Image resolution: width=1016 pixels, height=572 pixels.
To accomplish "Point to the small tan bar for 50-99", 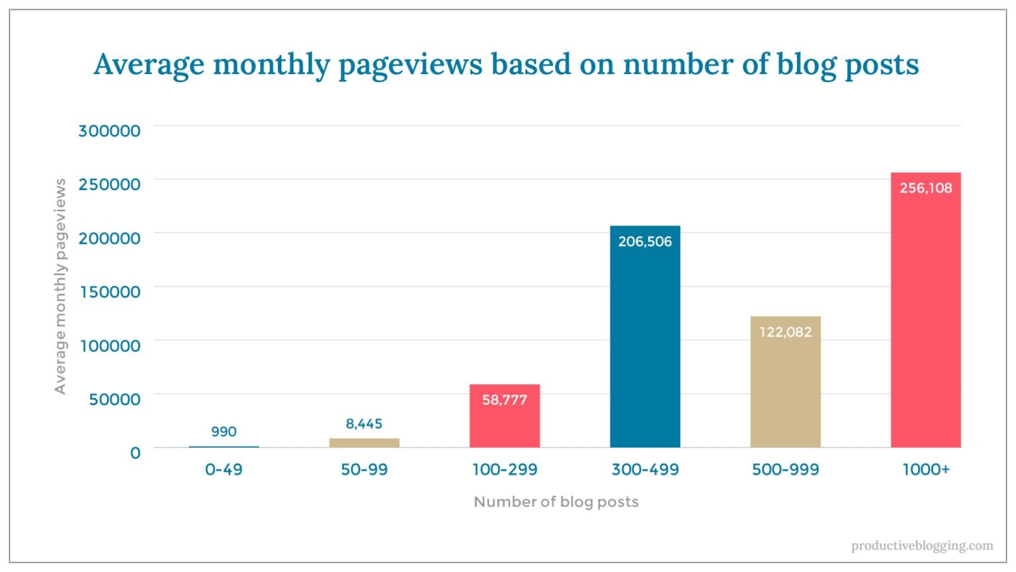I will click(x=364, y=443).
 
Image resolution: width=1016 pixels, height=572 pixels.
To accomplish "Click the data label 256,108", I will click(x=925, y=188).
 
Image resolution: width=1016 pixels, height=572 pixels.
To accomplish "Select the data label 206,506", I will click(x=645, y=242).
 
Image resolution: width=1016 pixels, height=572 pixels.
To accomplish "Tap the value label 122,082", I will click(x=785, y=332).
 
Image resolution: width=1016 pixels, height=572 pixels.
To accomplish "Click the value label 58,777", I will click(x=505, y=400).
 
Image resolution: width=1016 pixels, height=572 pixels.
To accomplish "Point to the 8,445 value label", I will click(x=364, y=424).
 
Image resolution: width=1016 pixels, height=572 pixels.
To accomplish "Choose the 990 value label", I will click(x=224, y=432).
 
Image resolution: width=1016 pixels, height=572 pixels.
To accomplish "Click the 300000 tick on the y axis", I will click(x=109, y=130).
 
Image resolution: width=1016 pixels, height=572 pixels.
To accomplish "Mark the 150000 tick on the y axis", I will click(x=110, y=291).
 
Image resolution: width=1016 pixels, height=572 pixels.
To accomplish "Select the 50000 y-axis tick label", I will click(x=110, y=399).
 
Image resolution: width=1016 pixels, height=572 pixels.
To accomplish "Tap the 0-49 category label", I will click(x=224, y=469).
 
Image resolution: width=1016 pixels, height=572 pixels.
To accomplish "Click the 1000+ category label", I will click(x=925, y=469).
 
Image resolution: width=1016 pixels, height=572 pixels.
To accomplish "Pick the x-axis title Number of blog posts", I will click(x=556, y=502).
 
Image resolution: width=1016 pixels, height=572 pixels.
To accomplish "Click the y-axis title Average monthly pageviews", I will click(x=60, y=286).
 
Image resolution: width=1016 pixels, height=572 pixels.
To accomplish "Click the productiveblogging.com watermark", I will click(x=922, y=546).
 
